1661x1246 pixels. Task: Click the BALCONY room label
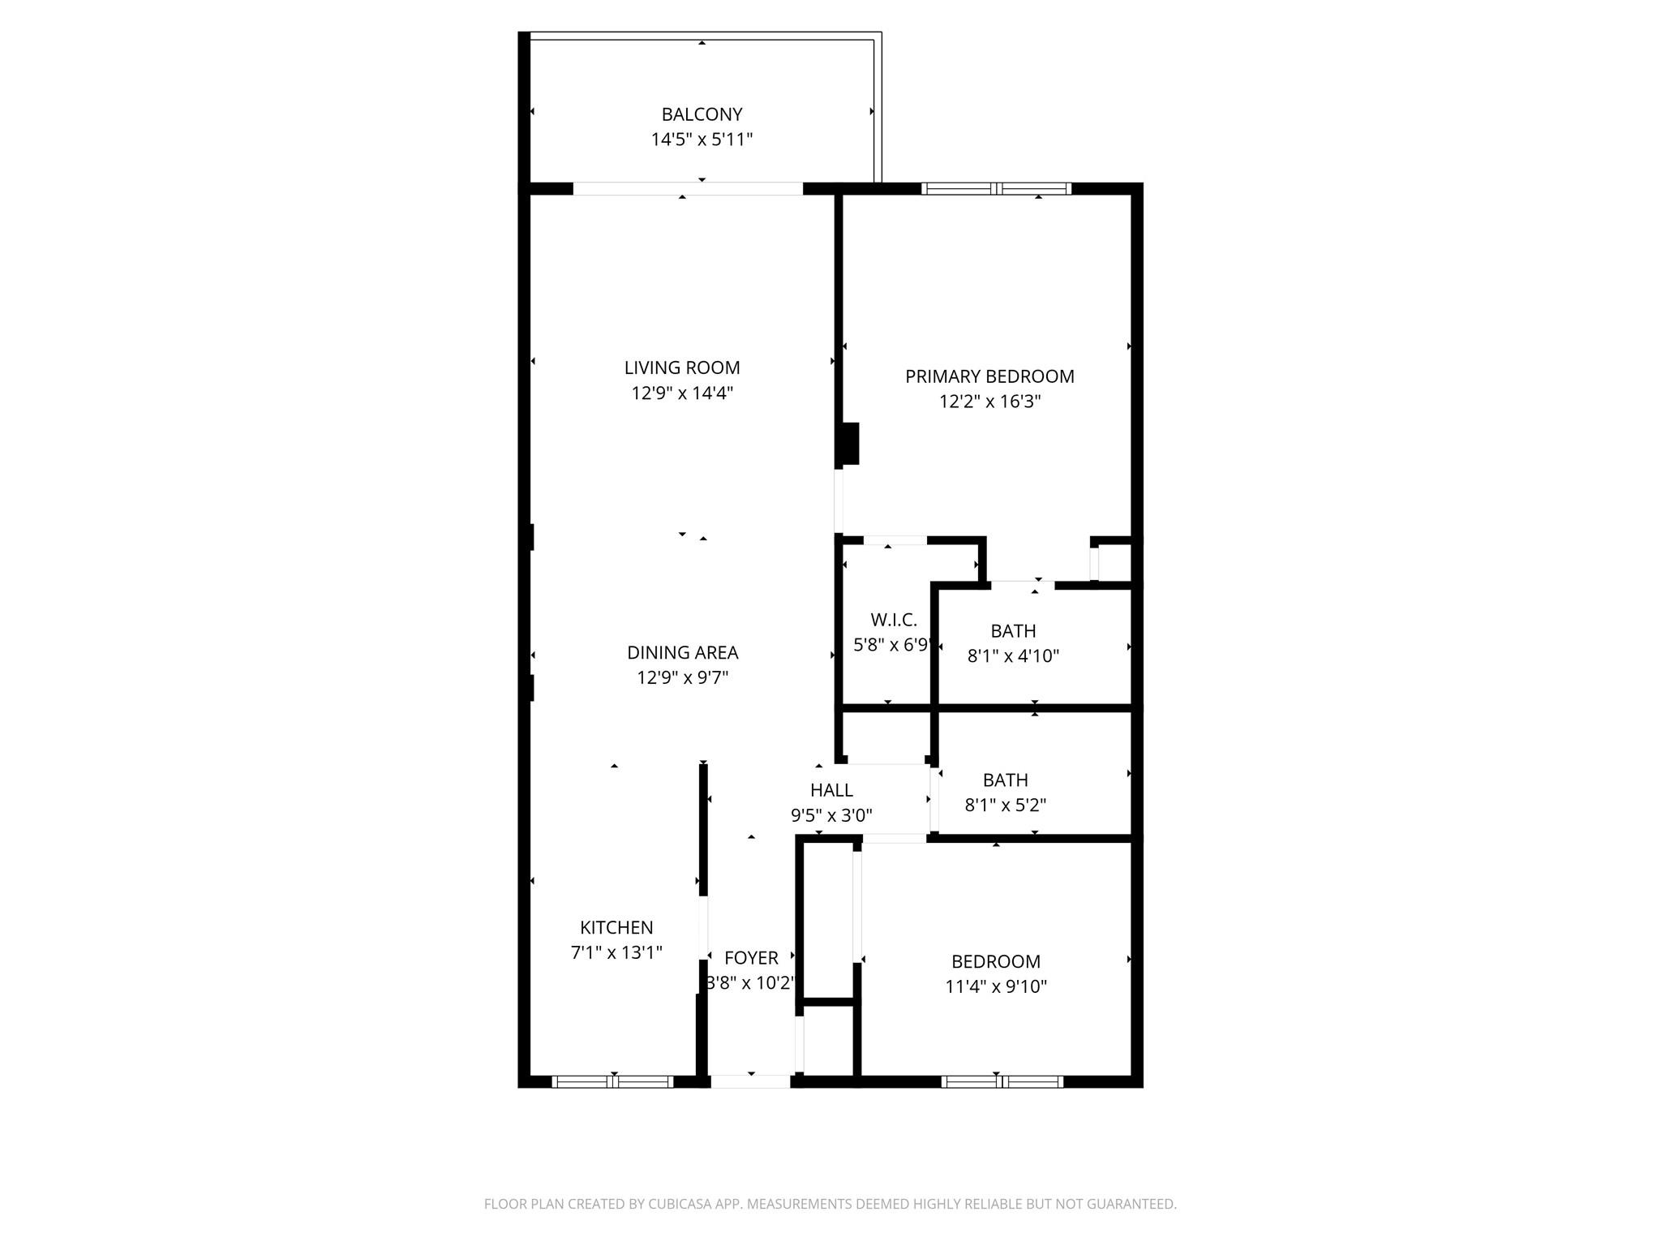702,114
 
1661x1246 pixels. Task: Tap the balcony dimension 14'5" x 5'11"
702,140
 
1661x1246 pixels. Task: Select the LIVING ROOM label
682,367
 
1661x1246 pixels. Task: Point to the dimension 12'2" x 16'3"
989,402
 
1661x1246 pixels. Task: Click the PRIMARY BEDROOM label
989,376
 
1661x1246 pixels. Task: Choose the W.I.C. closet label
894,620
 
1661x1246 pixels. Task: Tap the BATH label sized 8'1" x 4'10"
1013,630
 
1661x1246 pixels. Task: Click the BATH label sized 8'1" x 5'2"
1005,780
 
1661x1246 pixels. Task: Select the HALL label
831,789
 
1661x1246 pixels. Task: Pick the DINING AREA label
682,652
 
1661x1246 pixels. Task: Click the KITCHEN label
616,927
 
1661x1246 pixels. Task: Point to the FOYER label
751,958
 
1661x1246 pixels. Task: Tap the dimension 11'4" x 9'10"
996,986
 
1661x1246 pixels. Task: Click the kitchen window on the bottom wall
613,1081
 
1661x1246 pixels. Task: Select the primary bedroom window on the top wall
996,188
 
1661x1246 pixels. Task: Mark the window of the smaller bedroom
1002,1081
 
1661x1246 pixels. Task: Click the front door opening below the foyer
750,1081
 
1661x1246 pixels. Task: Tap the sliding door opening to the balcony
688,188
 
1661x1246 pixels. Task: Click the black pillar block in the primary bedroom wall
849,444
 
